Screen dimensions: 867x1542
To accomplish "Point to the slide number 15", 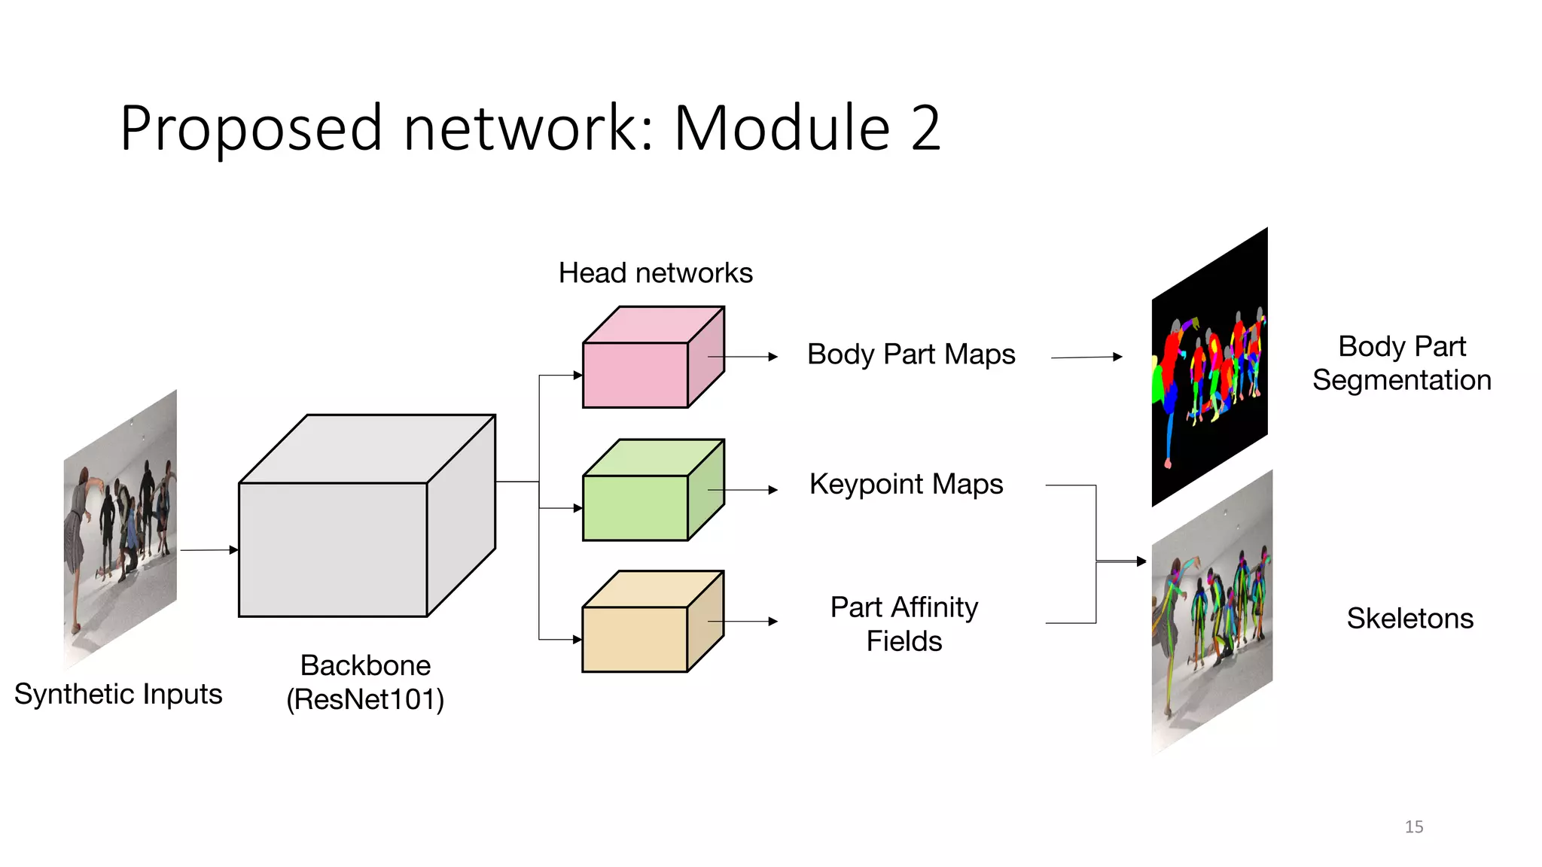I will [x=1413, y=826].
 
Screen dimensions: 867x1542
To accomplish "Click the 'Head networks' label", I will [x=655, y=272].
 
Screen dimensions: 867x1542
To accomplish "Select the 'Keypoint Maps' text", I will [x=906, y=484].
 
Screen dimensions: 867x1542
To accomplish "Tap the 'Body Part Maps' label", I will [x=911, y=354].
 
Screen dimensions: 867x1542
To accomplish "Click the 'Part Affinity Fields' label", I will [x=904, y=623].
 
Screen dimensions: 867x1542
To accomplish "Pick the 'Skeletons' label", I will [x=1409, y=618].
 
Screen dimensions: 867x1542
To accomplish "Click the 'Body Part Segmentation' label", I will [x=1401, y=363].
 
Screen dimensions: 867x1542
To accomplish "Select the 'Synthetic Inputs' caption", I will [x=118, y=693].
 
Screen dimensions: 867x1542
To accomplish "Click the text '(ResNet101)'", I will [x=365, y=699].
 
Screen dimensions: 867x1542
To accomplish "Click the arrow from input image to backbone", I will [x=209, y=550].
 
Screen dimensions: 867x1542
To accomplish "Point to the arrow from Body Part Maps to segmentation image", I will [x=1086, y=357].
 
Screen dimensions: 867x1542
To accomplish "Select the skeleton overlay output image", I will [x=1211, y=613].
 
